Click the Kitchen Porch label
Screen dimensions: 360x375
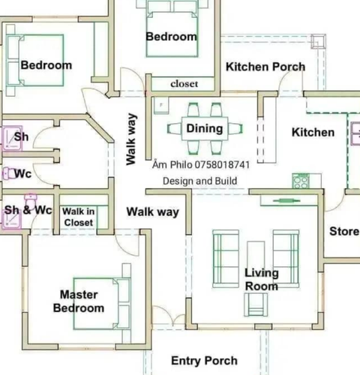coord(265,67)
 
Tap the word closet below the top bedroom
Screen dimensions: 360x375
coord(184,84)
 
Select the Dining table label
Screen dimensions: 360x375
coord(205,128)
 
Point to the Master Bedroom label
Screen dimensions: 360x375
coord(79,301)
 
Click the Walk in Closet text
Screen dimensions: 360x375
coord(79,217)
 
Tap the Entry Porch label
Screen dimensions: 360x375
coord(204,361)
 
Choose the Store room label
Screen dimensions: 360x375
coord(344,231)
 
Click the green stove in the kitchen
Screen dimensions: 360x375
coord(301,181)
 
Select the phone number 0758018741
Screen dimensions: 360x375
coord(222,165)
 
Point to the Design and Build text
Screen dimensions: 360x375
coord(199,181)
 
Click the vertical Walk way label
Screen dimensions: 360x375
coord(131,139)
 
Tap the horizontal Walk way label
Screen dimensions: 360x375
coord(153,212)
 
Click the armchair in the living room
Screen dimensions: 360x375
coord(256,304)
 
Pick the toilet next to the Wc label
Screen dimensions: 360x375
coord(9,173)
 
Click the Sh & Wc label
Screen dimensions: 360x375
coord(28,210)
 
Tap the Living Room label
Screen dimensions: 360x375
coord(262,280)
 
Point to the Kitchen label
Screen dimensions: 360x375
coord(313,132)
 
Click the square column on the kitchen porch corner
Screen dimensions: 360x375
coord(319,41)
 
